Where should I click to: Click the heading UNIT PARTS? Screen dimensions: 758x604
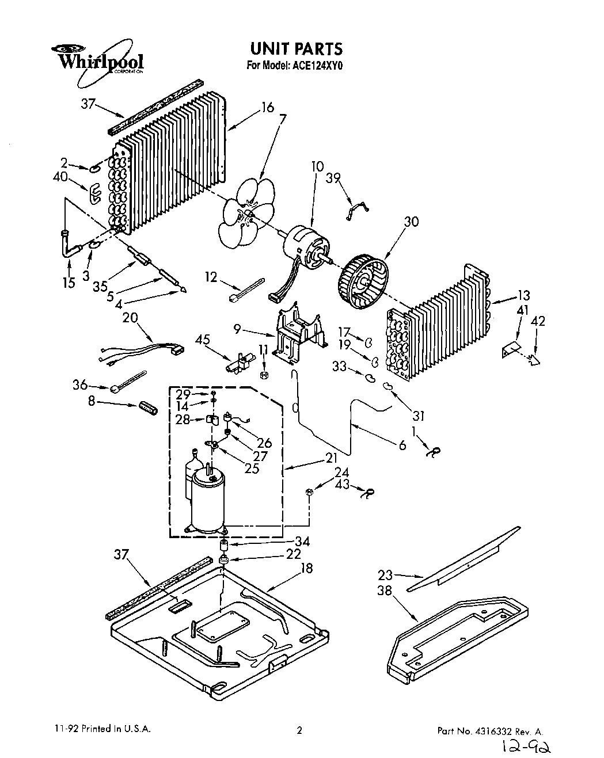pyautogui.click(x=295, y=48)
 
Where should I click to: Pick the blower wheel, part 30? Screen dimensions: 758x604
pyautogui.click(x=363, y=283)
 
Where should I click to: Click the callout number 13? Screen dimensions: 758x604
pyautogui.click(x=523, y=296)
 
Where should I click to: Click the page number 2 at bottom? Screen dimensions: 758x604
pyautogui.click(x=299, y=729)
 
